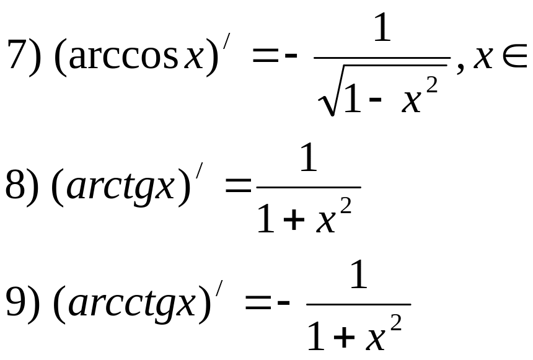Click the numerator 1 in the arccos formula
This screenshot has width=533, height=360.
coord(382,29)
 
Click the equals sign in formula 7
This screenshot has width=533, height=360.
coord(265,59)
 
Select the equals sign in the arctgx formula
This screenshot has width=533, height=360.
coord(239,187)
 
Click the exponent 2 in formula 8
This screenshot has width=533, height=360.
coord(345,209)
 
